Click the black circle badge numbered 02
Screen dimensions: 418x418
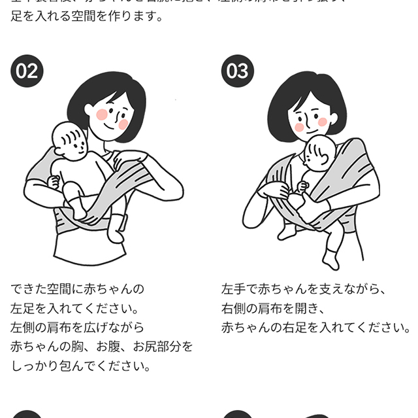pyautogui.click(x=27, y=71)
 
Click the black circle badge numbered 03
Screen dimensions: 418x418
pyautogui.click(x=237, y=71)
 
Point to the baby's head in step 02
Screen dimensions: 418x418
pyautogui.click(x=69, y=139)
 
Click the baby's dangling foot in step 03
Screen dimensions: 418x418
pyautogui.click(x=330, y=259)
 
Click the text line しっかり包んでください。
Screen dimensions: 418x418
pyautogui.click(x=81, y=366)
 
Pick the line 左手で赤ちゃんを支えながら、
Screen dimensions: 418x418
pyautogui.click(x=304, y=288)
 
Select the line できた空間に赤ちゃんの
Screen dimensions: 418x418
pyautogui.click(x=77, y=288)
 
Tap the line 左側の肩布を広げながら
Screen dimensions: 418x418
pyautogui.click(x=77, y=327)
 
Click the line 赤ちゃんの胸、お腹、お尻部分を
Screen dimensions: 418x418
pyautogui.click(x=102, y=347)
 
